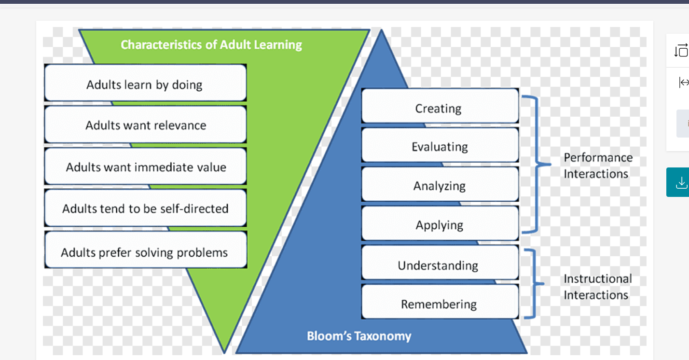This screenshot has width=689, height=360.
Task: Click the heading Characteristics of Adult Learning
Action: [211, 45]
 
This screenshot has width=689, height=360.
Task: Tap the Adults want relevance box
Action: [145, 125]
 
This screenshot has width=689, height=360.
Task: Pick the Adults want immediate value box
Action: [145, 167]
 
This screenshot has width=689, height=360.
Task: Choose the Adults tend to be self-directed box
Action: [145, 208]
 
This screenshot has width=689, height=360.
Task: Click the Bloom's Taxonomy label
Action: [359, 336]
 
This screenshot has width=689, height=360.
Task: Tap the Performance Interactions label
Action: [598, 166]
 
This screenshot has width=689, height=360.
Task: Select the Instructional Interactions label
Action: [598, 287]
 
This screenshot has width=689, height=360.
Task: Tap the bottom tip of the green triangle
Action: [225, 351]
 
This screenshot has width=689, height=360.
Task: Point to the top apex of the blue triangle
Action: [382, 31]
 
